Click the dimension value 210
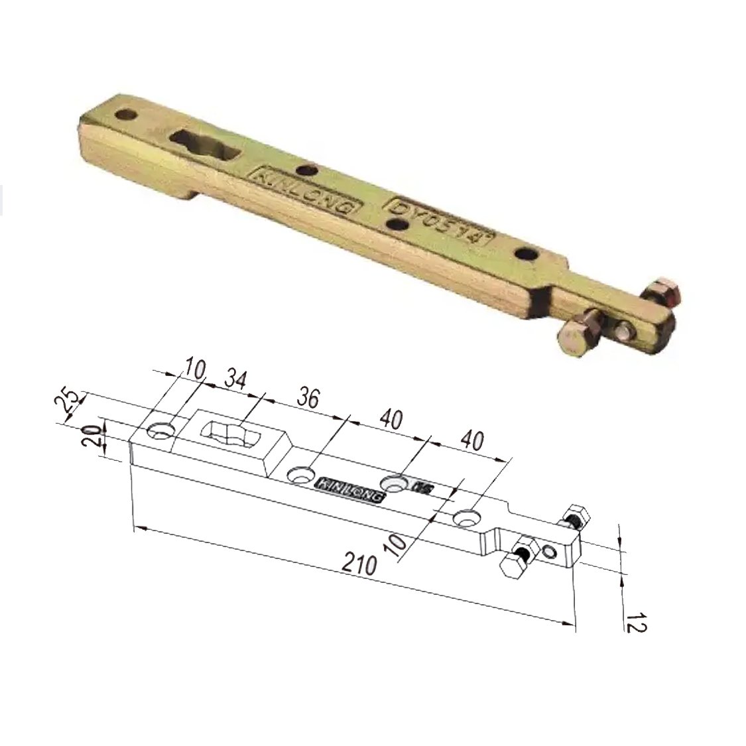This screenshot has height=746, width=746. [361, 565]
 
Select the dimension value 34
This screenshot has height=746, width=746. [236, 379]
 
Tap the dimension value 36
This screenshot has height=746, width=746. [306, 399]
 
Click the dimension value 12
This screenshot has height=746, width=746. [635, 624]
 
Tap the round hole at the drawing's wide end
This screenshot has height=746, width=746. [160, 432]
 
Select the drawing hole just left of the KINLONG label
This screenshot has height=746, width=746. [302, 475]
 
